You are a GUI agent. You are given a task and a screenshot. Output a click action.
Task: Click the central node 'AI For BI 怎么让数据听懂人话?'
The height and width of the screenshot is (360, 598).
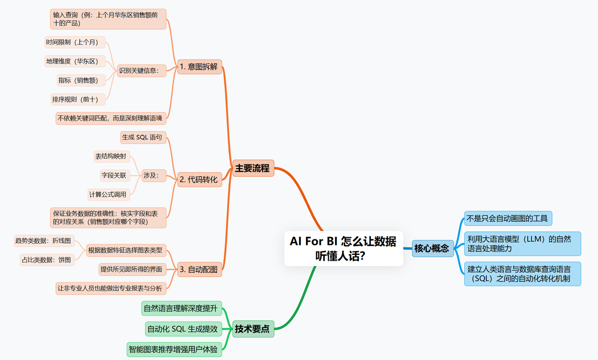click(x=343, y=248)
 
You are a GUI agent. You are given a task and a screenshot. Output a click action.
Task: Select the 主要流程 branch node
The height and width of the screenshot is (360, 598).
click(x=252, y=168)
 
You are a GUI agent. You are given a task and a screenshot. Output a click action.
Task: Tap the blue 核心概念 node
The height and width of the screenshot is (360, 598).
click(x=431, y=248)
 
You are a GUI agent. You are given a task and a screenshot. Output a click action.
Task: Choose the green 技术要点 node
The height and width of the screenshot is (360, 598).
click(x=252, y=329)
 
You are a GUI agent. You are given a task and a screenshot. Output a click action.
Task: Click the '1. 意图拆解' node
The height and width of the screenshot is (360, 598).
click(x=199, y=66)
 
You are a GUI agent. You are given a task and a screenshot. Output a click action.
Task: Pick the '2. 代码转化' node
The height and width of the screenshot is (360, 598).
click(x=199, y=179)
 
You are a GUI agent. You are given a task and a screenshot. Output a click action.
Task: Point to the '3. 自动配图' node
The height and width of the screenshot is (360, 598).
click(x=199, y=269)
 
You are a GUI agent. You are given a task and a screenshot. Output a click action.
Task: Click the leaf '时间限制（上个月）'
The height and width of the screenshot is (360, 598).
click(x=75, y=42)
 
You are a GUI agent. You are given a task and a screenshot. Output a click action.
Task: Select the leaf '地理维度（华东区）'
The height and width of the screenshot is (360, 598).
click(x=75, y=61)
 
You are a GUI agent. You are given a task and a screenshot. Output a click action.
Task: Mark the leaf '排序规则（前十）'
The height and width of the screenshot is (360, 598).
click(x=78, y=99)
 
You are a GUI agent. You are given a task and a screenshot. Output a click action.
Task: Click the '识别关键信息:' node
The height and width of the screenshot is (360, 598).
click(x=141, y=71)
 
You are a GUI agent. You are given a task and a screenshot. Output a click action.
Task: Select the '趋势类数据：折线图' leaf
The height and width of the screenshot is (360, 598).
click(x=43, y=241)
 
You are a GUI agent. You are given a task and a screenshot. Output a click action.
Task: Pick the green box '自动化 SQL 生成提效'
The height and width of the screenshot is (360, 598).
click(x=183, y=329)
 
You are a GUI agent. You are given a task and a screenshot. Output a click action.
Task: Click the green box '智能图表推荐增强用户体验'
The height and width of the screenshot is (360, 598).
click(x=178, y=349)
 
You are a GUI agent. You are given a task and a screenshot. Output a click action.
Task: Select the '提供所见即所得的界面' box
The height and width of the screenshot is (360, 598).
click(x=131, y=269)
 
